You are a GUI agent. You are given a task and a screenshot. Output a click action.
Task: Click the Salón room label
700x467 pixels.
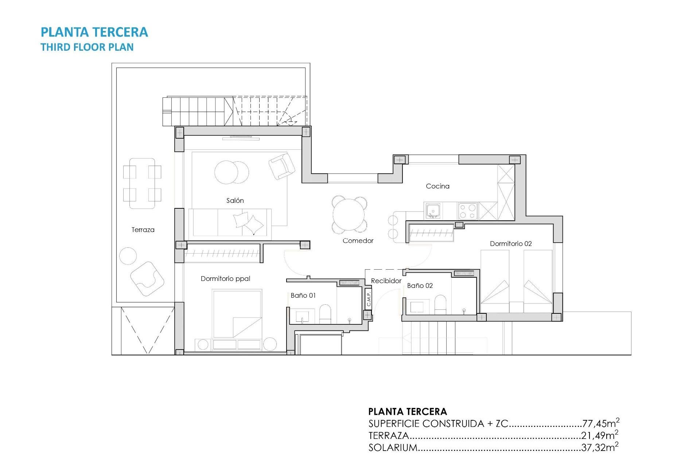(x=235, y=201)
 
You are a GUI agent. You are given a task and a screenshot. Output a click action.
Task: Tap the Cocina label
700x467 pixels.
(x=437, y=186)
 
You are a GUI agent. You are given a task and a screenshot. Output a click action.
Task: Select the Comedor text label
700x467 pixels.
(x=358, y=241)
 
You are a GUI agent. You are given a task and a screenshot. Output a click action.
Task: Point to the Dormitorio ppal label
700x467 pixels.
(x=225, y=279)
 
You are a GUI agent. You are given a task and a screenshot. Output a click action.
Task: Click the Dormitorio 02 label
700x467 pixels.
(x=510, y=244)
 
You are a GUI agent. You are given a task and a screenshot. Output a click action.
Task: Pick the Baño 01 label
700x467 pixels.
(x=303, y=296)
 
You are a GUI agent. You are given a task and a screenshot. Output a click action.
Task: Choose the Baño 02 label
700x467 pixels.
(x=420, y=286)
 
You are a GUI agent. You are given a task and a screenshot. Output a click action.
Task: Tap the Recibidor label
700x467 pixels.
(x=386, y=281)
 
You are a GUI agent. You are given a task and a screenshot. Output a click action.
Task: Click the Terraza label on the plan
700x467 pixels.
(x=143, y=230)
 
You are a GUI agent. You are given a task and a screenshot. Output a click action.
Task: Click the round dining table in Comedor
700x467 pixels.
(x=349, y=215)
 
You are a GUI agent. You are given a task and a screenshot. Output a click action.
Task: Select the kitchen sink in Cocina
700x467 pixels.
(x=433, y=211)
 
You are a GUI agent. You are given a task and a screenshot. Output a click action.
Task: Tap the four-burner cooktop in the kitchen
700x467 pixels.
(x=468, y=211)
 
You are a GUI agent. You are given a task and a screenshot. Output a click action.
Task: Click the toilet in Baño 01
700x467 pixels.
(x=325, y=313)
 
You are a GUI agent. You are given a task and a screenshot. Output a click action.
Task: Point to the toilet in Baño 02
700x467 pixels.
(x=440, y=304)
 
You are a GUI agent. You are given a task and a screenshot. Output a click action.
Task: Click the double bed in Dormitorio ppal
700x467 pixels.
(x=237, y=314)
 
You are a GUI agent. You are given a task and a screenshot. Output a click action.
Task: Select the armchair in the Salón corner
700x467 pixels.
(x=282, y=166)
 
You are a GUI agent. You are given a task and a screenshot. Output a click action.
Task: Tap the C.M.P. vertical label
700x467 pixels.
(x=369, y=298)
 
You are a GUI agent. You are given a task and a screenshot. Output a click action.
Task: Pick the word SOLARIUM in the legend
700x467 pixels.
(x=393, y=448)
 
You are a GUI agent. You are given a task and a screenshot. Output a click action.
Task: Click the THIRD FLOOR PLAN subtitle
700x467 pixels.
(x=87, y=47)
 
